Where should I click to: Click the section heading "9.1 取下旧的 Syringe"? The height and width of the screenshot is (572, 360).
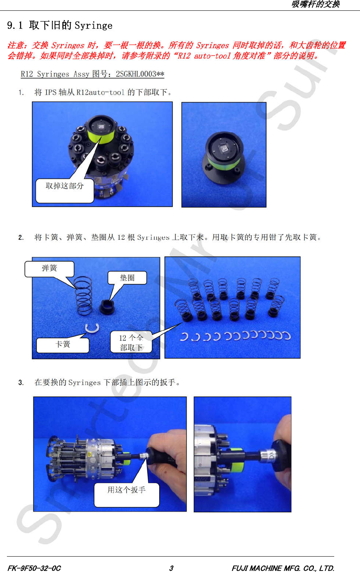pyautogui.click(x=60, y=25)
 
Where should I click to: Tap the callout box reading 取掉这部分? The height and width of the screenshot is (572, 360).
pyautogui.click(x=65, y=190)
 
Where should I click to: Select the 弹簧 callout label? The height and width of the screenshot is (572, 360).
pyautogui.click(x=49, y=269)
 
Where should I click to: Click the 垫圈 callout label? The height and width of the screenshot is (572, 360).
pyautogui.click(x=127, y=278)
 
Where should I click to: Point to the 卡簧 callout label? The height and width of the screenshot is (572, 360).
pyautogui.click(x=63, y=345)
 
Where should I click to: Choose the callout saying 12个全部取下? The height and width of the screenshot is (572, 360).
pyautogui.click(x=131, y=342)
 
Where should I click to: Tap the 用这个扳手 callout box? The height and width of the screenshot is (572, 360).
pyautogui.click(x=127, y=495)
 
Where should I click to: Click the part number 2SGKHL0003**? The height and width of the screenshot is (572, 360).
pyautogui.click(x=140, y=74)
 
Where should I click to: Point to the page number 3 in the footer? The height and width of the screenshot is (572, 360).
pyautogui.click(x=171, y=568)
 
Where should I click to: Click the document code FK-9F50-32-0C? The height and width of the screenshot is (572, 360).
pyautogui.click(x=34, y=568)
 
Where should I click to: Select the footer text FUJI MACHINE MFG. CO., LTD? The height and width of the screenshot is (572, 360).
pyautogui.click(x=283, y=568)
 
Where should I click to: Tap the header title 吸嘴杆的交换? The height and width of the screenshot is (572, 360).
pyautogui.click(x=315, y=4)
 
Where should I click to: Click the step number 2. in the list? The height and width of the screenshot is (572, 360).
pyautogui.click(x=21, y=237)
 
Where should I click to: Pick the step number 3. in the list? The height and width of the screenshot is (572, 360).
pyautogui.click(x=21, y=382)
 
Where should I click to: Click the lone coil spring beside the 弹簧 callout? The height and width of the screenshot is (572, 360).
pyautogui.click(x=83, y=296)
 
